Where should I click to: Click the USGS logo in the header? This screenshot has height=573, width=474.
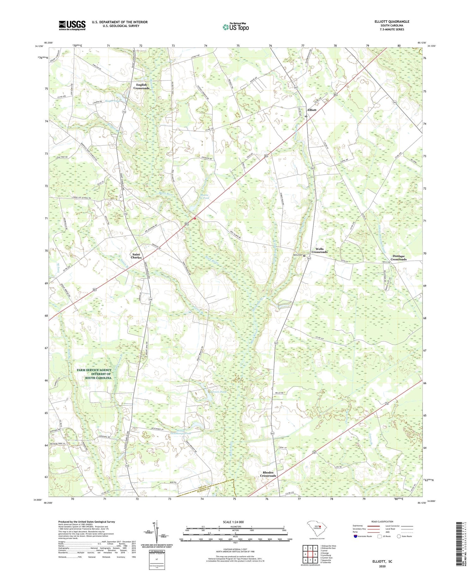tap(72, 25)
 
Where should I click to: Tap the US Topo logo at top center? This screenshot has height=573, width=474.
tap(235, 27)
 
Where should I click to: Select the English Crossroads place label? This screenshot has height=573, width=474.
tap(141, 86)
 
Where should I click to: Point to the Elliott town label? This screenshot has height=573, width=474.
tap(312, 110)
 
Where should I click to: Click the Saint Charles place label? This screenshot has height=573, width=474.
tap(136, 256)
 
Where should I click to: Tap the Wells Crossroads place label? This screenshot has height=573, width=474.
tap(319, 250)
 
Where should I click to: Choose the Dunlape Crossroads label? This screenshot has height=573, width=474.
tap(398, 258)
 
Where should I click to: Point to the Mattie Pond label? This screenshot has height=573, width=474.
tap(204, 196)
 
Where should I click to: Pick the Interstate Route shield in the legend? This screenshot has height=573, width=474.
tap(355, 536)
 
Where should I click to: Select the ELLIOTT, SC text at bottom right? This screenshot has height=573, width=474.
tap(381, 561)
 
